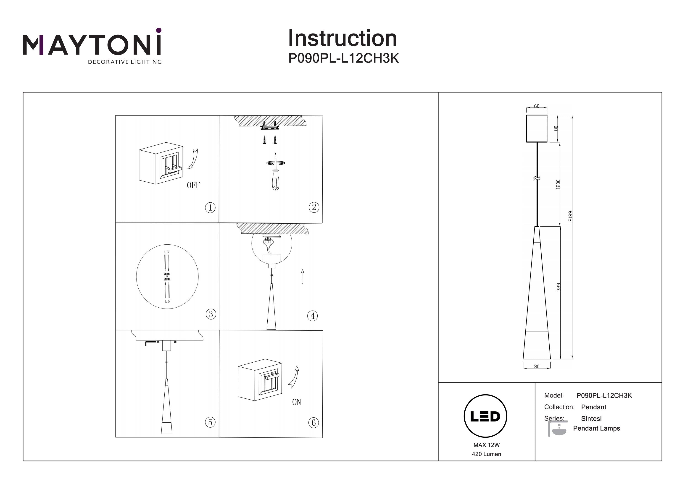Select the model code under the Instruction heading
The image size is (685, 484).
[x=343, y=58]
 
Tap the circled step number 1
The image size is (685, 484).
[x=210, y=208]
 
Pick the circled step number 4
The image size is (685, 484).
[x=312, y=316]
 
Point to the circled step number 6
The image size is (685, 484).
[x=314, y=423]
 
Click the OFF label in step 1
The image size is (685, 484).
[x=193, y=185]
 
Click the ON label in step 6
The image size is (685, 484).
[x=297, y=402]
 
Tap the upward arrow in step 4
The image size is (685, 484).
[x=303, y=276]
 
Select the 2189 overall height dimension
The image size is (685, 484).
[x=570, y=216]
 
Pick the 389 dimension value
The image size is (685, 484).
[x=559, y=287]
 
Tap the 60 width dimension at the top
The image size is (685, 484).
[x=536, y=106]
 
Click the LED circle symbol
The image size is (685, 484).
[x=485, y=416]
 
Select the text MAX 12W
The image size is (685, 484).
[x=486, y=445]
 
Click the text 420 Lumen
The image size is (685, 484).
[x=486, y=454]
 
